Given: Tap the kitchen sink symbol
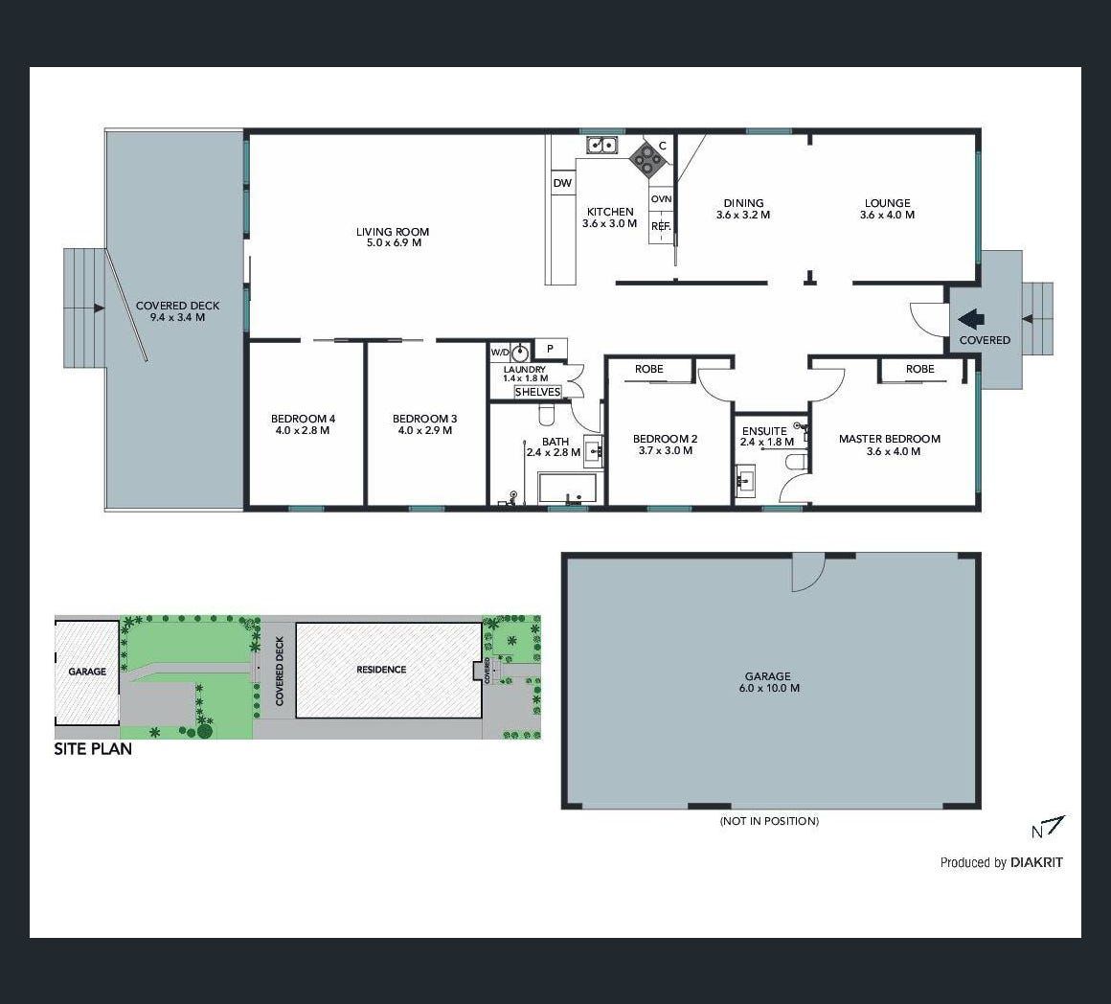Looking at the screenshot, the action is coord(602,146).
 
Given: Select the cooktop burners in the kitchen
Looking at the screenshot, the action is coord(647,159).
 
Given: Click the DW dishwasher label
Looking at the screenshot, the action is coord(562,184).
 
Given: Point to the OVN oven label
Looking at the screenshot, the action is coord(661,199).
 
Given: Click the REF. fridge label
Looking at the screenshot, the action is coord(661,227).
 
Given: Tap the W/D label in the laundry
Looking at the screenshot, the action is coord(500,353).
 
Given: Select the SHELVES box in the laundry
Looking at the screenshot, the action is coord(538,392).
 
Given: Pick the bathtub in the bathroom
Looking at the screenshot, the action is coord(568,489).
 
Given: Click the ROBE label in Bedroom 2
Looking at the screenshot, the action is coord(649,369).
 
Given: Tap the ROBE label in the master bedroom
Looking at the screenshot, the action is coord(919,369).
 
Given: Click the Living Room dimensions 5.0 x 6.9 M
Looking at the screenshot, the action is coord(392,242).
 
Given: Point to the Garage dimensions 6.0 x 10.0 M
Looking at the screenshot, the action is coord(767,688).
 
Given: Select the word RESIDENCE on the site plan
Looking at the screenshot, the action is coord(381,670).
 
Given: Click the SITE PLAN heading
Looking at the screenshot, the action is coord(93,749).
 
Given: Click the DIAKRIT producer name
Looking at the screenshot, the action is coord(1036,862).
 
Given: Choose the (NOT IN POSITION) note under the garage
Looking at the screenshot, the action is coord(769,821).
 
